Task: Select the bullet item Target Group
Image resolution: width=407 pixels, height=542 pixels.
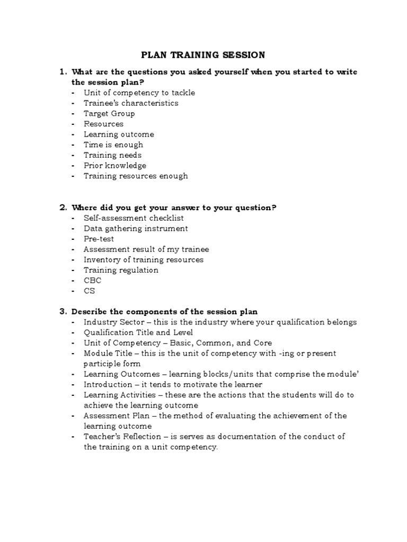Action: pos(109,113)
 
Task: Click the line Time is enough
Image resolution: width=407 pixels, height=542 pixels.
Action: pos(113,144)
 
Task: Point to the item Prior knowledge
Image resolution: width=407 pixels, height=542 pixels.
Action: pos(114,166)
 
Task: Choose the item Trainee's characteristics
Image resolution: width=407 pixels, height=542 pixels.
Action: pos(131,103)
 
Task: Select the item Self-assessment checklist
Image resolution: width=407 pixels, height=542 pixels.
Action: pos(134,218)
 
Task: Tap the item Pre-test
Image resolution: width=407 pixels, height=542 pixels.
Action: pos(99,239)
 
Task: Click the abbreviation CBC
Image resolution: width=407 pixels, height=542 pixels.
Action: pos(92,280)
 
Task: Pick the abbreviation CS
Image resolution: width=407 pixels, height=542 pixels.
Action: pos(89,291)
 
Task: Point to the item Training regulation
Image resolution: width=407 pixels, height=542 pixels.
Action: pos(121,270)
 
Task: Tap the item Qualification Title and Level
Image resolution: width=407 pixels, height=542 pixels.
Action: pos(135,332)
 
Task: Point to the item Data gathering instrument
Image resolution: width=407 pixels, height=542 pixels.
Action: pos(136,228)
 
